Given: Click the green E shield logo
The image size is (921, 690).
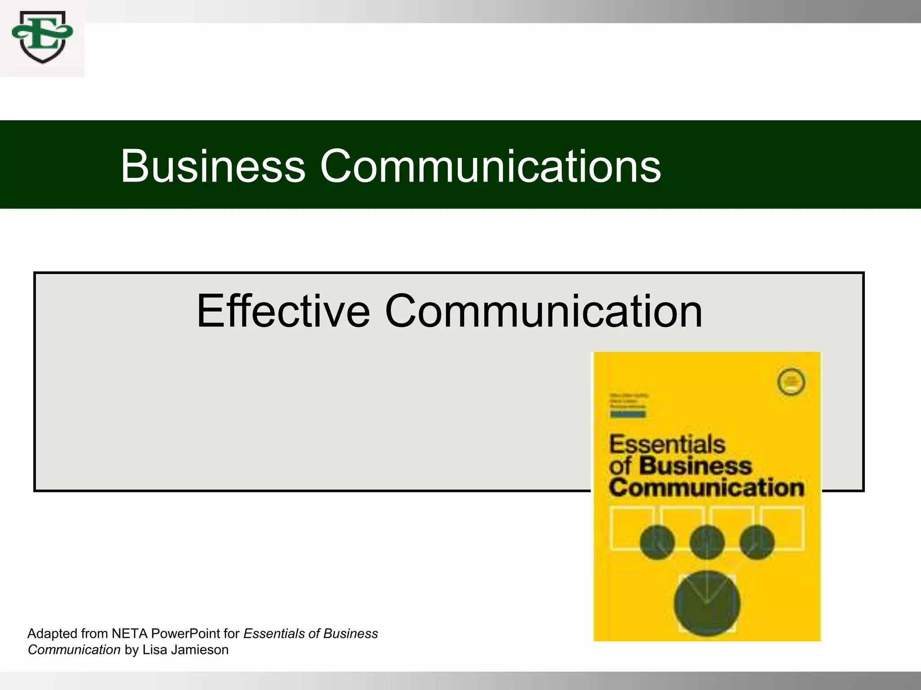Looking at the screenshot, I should (42, 37).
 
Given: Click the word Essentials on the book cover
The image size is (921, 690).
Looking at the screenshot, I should (667, 445).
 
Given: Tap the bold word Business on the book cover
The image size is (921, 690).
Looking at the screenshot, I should (695, 466).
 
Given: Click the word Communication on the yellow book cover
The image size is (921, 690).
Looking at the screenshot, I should (706, 488).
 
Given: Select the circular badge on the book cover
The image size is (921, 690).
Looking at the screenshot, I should (791, 382).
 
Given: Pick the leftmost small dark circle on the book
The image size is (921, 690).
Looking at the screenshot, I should (657, 542).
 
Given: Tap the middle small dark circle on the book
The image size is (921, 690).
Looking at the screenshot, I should (706, 542).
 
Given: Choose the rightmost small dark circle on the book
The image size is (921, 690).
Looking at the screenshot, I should (757, 542).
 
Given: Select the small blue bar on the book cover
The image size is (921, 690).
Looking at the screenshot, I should (628, 414).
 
